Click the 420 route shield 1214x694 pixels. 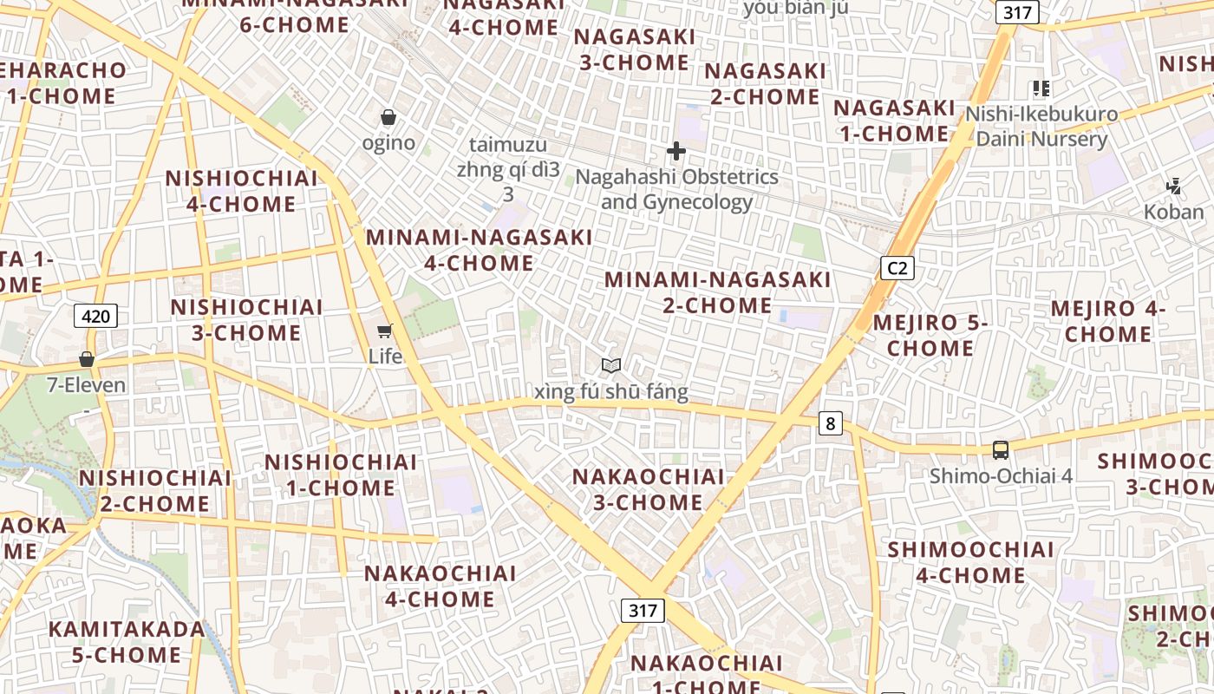tap(95, 316)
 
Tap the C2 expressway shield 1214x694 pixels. tap(897, 268)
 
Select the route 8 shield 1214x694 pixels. tap(831, 423)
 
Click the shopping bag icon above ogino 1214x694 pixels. tap(388, 117)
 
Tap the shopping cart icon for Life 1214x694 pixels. tap(385, 331)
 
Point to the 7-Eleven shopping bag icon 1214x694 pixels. tap(87, 359)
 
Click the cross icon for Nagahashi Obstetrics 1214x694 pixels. tap(676, 152)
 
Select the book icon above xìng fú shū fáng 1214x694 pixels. tap(611, 366)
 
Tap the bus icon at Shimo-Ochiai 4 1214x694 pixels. tap(1001, 449)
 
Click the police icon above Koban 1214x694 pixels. tap(1174, 186)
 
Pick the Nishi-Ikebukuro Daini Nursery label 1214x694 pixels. tap(1041, 127)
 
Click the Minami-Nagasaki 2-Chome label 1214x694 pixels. tap(717, 292)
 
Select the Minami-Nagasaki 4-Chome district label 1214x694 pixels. tap(480, 250)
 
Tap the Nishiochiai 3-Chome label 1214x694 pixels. tap(246, 320)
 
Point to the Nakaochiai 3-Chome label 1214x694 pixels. tap(648, 489)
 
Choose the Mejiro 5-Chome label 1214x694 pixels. tap(930, 336)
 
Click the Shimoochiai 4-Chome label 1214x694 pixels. tap(970, 562)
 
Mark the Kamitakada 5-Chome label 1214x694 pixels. tap(127, 642)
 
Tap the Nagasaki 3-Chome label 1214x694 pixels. tap(634, 50)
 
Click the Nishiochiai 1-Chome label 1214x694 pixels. tap(341, 475)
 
